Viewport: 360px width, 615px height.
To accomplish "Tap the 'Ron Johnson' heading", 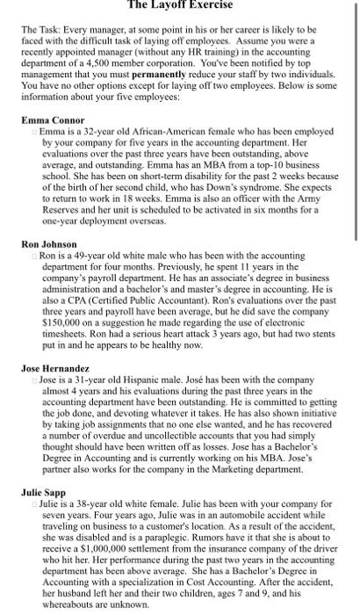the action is tap(49, 219).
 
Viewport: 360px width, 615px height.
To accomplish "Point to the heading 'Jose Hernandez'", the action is tap(54, 367).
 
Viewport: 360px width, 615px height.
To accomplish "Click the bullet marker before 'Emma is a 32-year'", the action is tap(35, 131).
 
